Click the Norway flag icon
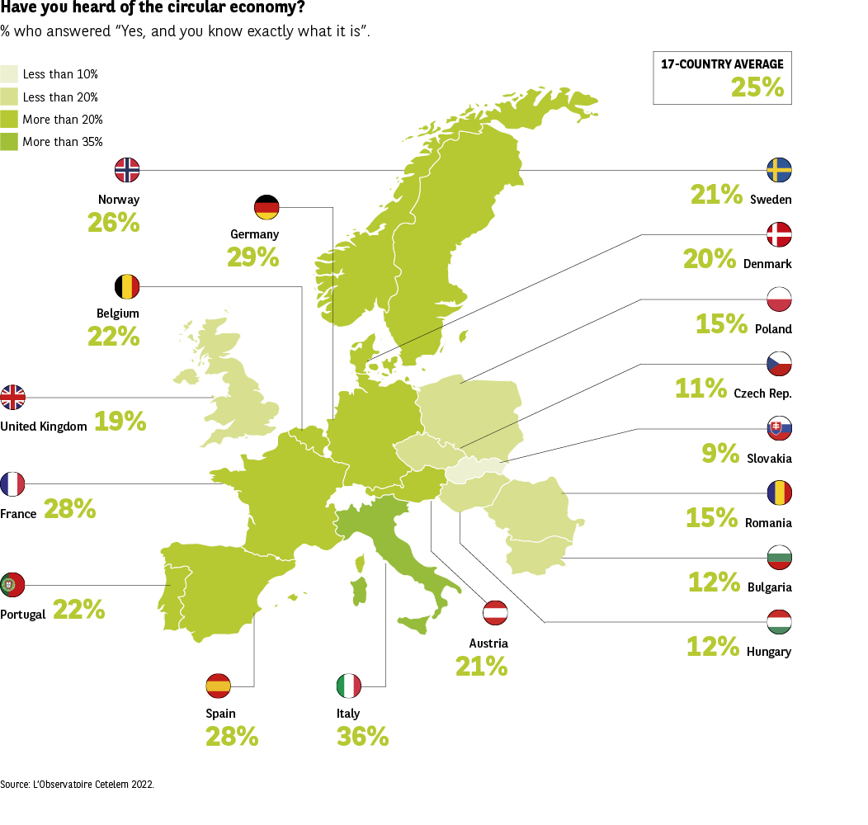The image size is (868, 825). coord(127,170)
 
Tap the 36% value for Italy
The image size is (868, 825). coord(362,736)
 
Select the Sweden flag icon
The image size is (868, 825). coord(779,170)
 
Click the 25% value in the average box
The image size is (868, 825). coord(757,87)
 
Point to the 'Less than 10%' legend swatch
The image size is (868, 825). coord(10,74)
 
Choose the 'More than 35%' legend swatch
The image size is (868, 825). coord(10,141)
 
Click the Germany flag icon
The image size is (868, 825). coord(267,206)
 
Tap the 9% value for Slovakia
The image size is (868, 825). coord(719,453)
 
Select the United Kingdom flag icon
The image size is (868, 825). coord(13,397)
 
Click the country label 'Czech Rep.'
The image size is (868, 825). coord(762,394)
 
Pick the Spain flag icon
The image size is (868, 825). coord(219,685)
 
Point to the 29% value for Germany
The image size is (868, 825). coord(253,257)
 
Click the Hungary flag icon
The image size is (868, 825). coord(779,621)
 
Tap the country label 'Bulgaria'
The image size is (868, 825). coord(769,587)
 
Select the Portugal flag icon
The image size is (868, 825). coord(13,585)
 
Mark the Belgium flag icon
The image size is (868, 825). coord(127,286)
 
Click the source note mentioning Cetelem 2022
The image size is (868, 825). coord(77,785)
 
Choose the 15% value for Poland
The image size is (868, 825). coord(721,323)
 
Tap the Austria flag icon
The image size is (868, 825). coord(495,613)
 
